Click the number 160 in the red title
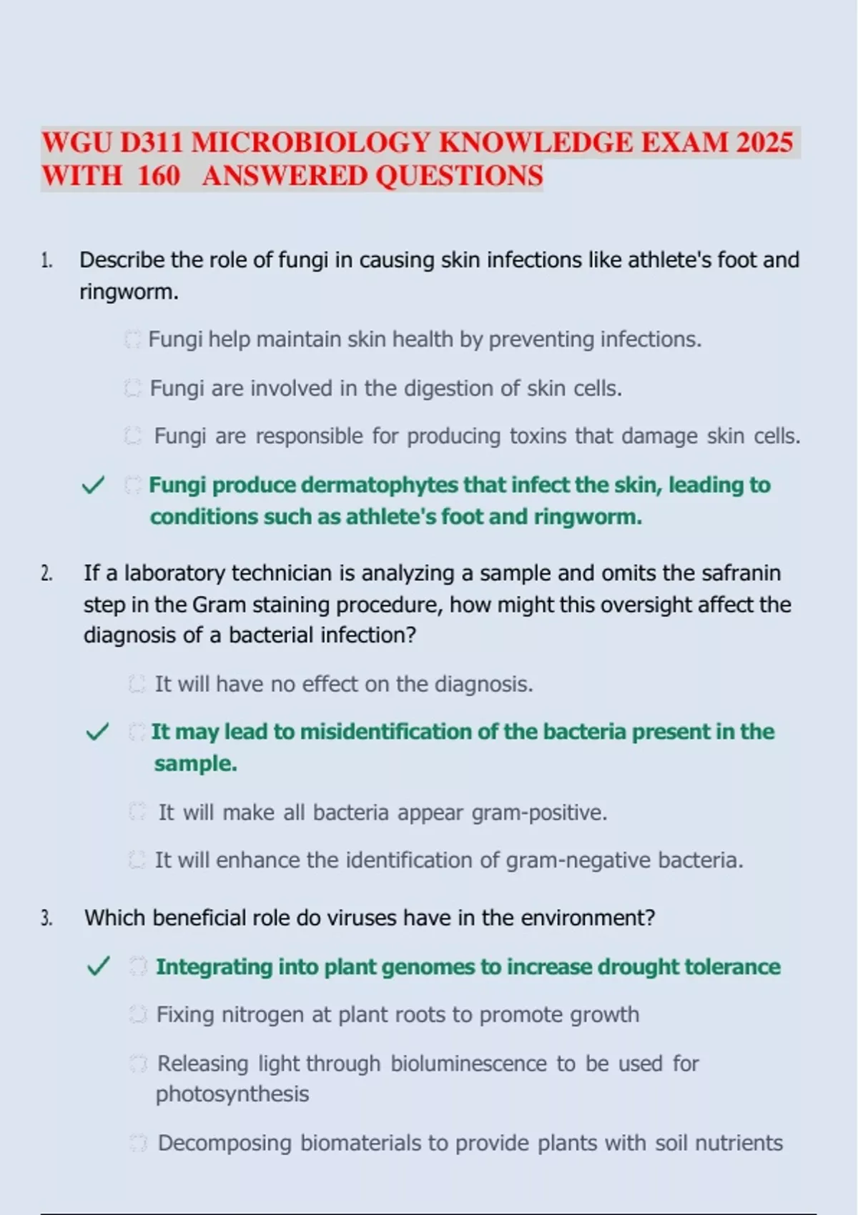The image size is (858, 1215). pos(158,176)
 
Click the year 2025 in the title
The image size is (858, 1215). pos(764,143)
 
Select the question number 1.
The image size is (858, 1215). pos(46,260)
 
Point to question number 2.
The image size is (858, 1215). pos(46,573)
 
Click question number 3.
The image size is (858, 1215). pos(46,918)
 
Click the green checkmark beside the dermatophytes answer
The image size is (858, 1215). pos(93,485)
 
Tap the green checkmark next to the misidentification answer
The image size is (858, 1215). pos(97,732)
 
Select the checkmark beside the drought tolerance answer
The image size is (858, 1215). pos(98,967)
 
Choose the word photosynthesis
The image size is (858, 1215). pos(232,1094)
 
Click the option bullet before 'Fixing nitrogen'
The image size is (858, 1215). pos(138,1015)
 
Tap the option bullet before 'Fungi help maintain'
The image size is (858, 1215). pos(132,339)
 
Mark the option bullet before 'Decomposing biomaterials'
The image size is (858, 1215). pos(138,1144)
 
